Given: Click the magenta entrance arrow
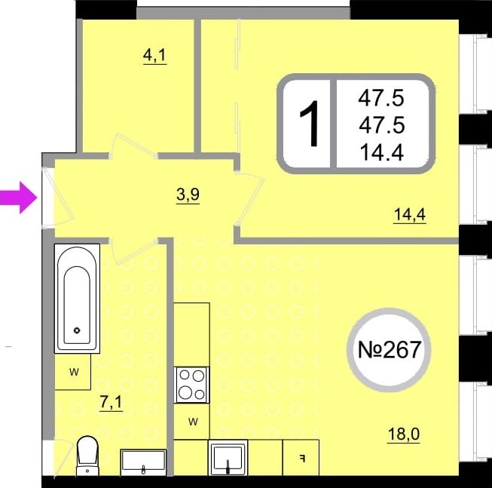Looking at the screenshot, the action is (19, 198).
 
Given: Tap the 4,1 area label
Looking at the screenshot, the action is (154, 56).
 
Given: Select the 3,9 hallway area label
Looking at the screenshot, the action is (188, 195).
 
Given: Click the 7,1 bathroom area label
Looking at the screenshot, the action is (111, 402).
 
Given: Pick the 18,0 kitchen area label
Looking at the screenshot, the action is (404, 434).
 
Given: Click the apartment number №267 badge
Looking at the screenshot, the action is (389, 350).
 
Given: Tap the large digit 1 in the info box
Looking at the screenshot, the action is (310, 124).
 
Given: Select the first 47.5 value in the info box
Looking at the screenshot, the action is (381, 97).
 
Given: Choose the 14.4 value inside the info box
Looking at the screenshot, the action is (381, 152).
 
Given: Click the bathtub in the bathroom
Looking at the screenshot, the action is (77, 299).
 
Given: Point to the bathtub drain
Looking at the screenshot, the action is (77, 330).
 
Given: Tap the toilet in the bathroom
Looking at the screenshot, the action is (87, 456).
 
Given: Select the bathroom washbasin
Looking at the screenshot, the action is (143, 462).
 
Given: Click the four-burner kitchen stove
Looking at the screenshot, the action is (191, 385).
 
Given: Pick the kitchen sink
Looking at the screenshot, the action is (228, 458).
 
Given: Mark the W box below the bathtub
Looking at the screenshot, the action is (73, 372).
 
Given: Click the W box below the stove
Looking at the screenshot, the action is (191, 421).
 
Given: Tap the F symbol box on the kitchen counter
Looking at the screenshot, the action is (301, 458).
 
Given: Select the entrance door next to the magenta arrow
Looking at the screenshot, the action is (58, 198).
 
